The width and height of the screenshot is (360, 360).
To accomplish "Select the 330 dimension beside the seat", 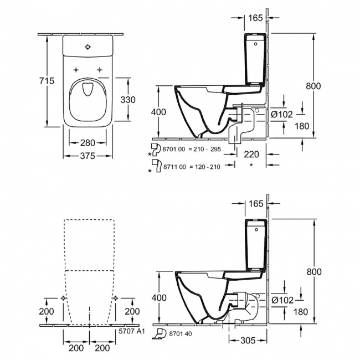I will pos(128,99).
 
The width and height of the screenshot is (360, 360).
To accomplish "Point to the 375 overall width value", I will pos(88,156).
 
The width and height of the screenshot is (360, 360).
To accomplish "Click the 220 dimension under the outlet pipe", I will pos(252,155).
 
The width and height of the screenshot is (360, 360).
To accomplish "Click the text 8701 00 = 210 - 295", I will pos(190,149).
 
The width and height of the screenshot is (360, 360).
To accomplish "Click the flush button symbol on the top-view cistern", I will pos(88,47).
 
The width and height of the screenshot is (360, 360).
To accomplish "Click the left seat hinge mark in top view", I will pos(75,69).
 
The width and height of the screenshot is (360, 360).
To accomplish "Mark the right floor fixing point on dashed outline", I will pos(115,298).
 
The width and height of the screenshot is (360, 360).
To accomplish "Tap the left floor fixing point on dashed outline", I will pos(64,298).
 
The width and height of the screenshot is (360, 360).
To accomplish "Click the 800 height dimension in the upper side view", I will pos(313,86).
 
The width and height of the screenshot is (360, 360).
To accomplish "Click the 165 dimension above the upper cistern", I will pos(255,18).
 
